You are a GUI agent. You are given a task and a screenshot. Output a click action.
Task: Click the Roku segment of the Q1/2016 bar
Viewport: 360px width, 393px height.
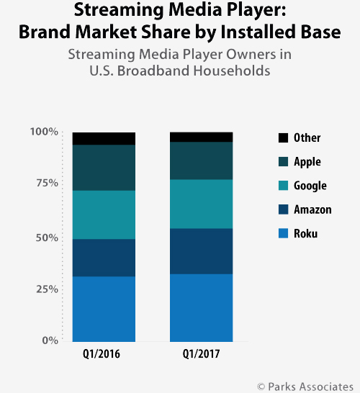click(x=104, y=309)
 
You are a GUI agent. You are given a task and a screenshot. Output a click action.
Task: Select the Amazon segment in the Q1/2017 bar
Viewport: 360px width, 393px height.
click(x=202, y=251)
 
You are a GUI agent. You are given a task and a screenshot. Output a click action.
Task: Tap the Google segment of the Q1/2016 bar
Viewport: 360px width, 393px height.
click(x=104, y=214)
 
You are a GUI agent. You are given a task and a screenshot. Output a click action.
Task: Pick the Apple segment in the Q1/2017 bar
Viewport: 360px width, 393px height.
click(x=202, y=161)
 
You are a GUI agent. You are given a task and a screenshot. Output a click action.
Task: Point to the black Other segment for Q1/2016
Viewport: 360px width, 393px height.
click(x=104, y=139)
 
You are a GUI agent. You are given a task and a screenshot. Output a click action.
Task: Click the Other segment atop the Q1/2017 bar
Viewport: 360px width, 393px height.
click(x=202, y=137)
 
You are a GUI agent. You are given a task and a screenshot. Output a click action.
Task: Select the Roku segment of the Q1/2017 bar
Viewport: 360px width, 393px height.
click(x=202, y=308)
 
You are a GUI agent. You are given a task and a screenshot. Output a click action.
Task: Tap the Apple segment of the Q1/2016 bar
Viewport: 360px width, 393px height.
click(x=104, y=168)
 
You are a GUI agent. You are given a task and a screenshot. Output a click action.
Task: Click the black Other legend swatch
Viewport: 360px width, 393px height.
click(x=283, y=138)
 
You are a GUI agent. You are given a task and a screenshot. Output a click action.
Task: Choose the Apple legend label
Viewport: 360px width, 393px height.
click(x=307, y=162)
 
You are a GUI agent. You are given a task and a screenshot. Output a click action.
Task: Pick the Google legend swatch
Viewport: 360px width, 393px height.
click(x=283, y=186)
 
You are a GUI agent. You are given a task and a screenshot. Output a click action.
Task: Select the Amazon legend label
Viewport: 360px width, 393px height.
click(x=312, y=209)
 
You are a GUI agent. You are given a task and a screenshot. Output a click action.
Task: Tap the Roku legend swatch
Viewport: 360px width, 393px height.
click(x=283, y=233)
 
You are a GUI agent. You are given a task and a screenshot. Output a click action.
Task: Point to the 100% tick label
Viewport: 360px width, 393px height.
click(x=44, y=132)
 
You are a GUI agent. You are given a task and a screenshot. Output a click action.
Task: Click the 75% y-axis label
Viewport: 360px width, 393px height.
click(x=47, y=184)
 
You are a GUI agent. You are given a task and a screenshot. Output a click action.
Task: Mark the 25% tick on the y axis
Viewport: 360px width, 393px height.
click(x=47, y=289)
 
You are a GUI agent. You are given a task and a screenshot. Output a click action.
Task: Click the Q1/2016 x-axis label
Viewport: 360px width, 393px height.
click(x=102, y=354)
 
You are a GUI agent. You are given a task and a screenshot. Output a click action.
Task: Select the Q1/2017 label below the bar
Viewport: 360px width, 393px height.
click(x=202, y=354)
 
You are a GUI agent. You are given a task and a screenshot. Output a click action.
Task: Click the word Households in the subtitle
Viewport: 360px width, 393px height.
click(x=232, y=71)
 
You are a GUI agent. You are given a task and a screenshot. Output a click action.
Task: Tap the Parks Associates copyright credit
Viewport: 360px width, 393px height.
click(x=305, y=387)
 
